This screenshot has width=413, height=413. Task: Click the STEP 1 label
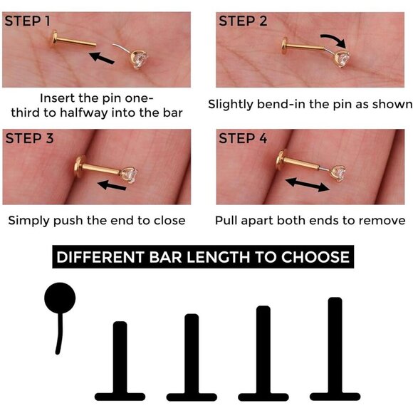tap(27, 21)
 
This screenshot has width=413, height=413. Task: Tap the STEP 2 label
tap(243, 21)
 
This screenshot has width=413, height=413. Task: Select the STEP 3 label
tap(29, 138)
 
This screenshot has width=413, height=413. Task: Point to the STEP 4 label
tap(243, 138)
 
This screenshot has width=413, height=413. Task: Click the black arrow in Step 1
tap(102, 58)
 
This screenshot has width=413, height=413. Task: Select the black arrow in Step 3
tap(112, 185)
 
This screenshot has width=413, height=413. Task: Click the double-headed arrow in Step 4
tap(308, 184)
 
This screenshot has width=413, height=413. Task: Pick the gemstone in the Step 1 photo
tap(140, 59)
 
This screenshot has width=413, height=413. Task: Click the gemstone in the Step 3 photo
tap(130, 174)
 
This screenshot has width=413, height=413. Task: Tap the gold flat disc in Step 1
tap(54, 40)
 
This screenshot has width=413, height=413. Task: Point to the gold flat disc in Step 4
tap(281, 160)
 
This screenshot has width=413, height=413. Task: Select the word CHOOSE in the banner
tap(315, 257)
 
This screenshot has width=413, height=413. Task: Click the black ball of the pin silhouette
tap(60, 298)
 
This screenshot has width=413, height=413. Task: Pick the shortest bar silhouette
tap(120, 362)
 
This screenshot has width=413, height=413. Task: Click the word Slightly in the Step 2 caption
tap(230, 105)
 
